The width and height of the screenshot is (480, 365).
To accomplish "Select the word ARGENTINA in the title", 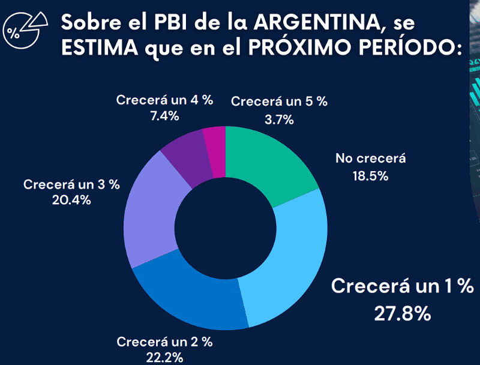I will click(x=315, y=23).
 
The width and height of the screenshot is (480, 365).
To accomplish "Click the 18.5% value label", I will click(x=370, y=176).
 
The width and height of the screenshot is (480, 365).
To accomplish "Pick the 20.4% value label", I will click(x=71, y=200).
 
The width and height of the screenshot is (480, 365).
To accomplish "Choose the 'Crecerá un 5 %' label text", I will click(x=279, y=101).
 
